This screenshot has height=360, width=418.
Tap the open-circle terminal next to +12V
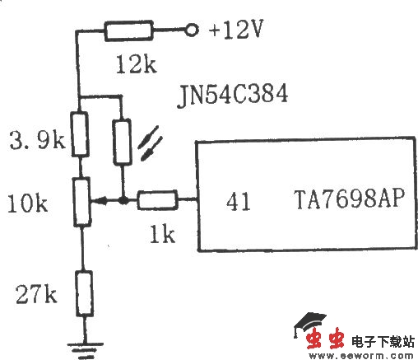click(x=193, y=31)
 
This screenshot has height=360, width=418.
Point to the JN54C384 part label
click(x=231, y=96)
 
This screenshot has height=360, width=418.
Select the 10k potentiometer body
click(x=81, y=200)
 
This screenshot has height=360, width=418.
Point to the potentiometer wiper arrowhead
click(x=93, y=200)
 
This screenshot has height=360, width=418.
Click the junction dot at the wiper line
click(x=122, y=200)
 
